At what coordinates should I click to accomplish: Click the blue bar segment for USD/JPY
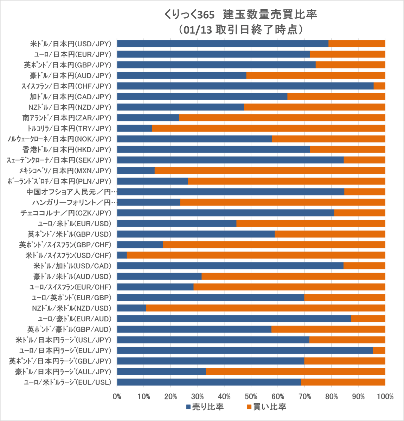[222, 44]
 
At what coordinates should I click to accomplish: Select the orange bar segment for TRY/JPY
[268, 128]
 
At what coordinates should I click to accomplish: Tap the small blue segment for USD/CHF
[122, 255]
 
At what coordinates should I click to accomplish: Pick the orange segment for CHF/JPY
[379, 86]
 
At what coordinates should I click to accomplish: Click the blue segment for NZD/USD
[132, 308]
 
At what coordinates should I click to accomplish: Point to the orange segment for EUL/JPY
[379, 350]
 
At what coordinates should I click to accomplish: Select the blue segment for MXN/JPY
[136, 171]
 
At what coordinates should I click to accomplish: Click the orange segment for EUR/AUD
[368, 319]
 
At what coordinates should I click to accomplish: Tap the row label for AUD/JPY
[70, 75]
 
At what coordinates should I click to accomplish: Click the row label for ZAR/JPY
[66, 118]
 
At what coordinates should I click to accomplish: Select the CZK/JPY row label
[66, 213]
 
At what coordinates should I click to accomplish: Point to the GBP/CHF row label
[65, 245]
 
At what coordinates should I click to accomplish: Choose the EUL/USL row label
[67, 382]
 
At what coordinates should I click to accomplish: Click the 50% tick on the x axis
[251, 397]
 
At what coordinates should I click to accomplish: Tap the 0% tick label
[117, 397]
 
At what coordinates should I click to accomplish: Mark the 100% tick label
[385, 397]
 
